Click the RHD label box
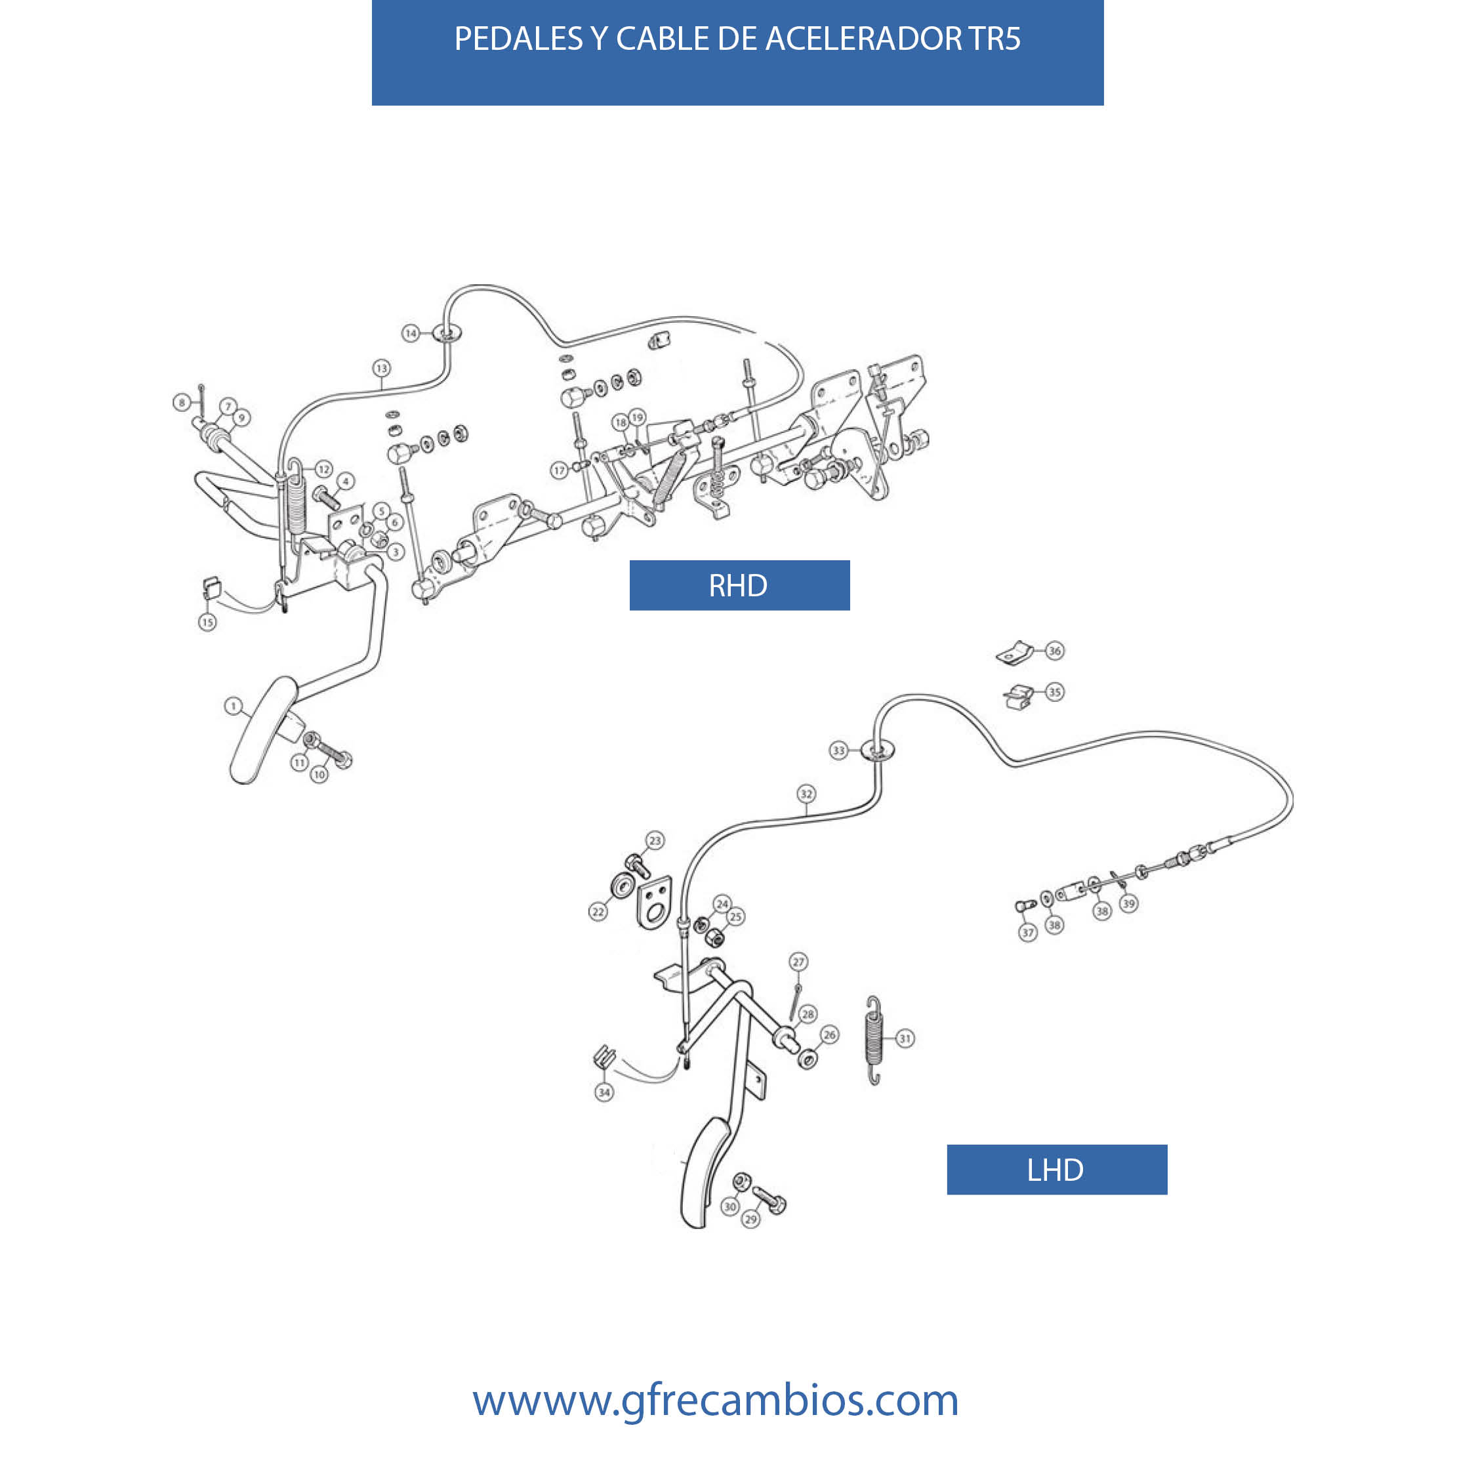pos(739,585)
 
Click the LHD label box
pos(1057,1170)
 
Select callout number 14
pos(411,333)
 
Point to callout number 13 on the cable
pos(381,368)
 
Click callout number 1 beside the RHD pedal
pos(233,706)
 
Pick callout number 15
pos(207,622)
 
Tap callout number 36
pos(1054,651)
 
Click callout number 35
pos(1054,692)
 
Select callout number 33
pos(839,750)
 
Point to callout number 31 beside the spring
pos(905,1038)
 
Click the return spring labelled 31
pos(874,1040)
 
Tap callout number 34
pos(604,1092)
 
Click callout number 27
pos(798,962)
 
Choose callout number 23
pos(655,840)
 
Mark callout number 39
pos(1128,903)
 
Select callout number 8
pos(182,402)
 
